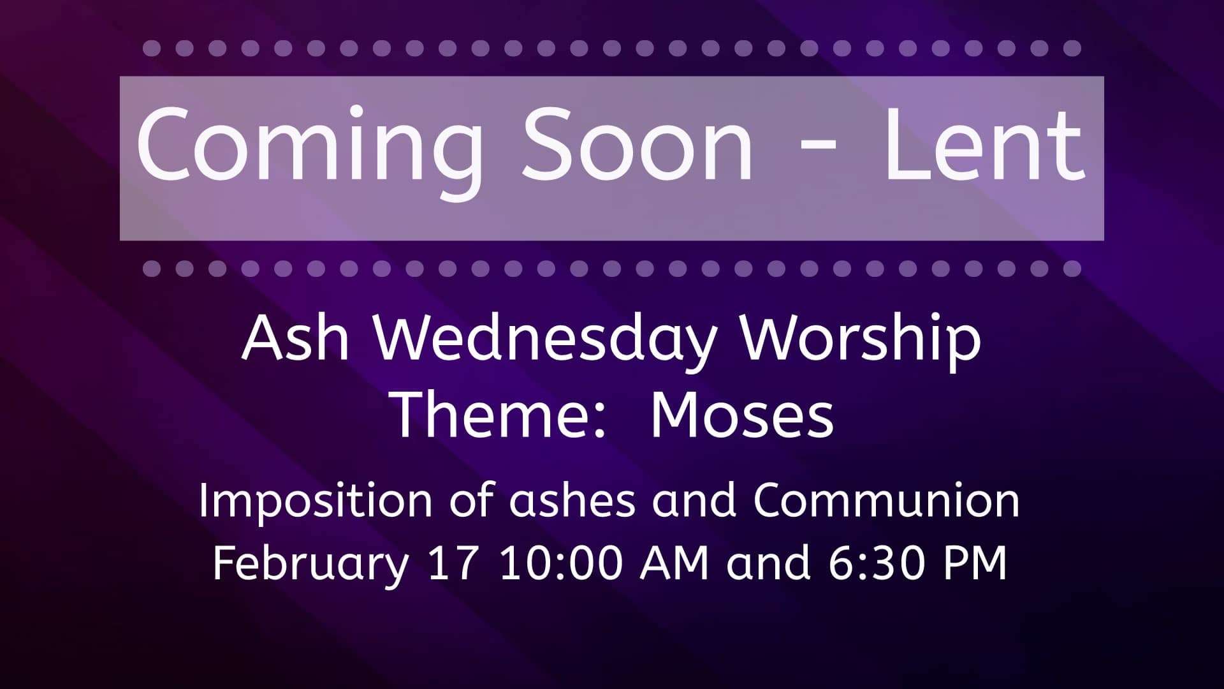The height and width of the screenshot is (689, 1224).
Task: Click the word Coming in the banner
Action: (310, 151)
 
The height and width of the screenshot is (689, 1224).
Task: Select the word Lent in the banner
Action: (984, 145)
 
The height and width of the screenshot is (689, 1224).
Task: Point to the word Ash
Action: (295, 337)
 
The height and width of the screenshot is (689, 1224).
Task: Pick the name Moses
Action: (742, 415)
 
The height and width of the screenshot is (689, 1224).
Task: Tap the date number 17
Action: (452, 563)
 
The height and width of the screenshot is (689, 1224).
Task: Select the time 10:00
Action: (561, 563)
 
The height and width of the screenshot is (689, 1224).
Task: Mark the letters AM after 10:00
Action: (674, 563)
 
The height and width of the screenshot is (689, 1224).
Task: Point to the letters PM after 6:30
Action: (976, 563)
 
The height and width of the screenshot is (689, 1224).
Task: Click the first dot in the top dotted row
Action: (151, 48)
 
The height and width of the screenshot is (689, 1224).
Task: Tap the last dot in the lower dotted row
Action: (1072, 268)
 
